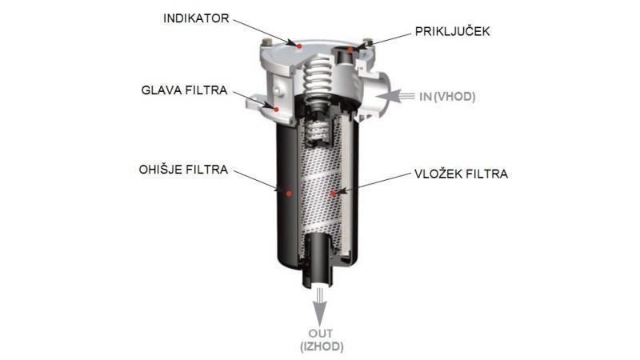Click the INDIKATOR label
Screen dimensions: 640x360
coord(196,18)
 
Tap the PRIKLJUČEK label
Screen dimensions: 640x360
coord(452,31)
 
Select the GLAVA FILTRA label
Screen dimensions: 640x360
coord(184,90)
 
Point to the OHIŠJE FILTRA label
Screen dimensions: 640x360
coord(183,170)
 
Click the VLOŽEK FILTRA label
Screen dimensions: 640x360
coord(462,174)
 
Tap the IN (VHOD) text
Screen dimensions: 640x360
coord(447,97)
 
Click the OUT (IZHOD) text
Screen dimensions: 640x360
coord(322,340)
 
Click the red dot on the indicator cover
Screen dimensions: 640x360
coord(300,46)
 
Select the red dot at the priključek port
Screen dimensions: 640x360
coord(350,50)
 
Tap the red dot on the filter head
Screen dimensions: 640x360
coord(276,109)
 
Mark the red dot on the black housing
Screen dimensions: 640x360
coord(289,194)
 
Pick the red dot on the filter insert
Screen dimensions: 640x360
coord(333,194)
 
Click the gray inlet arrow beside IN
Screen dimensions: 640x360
coord(395,96)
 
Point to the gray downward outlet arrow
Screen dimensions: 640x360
coord(320,306)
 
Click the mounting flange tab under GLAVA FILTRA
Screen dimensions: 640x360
coord(256,102)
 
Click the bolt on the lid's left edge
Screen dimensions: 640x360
coord(267,42)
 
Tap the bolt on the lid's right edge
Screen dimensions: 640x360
coord(367,42)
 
